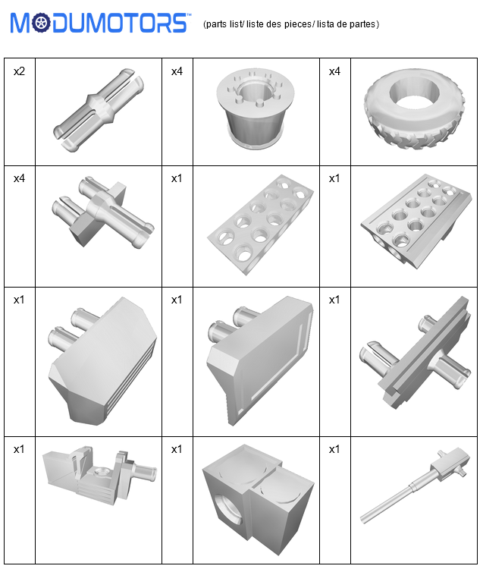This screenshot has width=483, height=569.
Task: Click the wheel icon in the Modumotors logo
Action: coord(41,23)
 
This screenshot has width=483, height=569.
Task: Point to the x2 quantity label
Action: coord(19,71)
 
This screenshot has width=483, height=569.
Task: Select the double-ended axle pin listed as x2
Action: coord(99,109)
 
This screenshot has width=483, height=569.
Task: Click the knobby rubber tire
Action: coord(415,108)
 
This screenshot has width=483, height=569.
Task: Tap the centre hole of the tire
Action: coord(415,95)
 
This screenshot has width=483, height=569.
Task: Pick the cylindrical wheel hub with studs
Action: coord(255,108)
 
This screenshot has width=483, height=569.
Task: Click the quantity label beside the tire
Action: coord(334,71)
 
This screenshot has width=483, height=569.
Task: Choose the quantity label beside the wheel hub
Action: coord(177,71)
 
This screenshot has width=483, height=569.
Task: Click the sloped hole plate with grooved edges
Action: coord(416,221)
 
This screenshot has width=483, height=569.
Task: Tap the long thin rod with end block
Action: coord(416,485)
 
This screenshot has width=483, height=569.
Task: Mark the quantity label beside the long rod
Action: coord(334,449)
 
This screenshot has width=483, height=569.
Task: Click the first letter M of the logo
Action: coord(20,24)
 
